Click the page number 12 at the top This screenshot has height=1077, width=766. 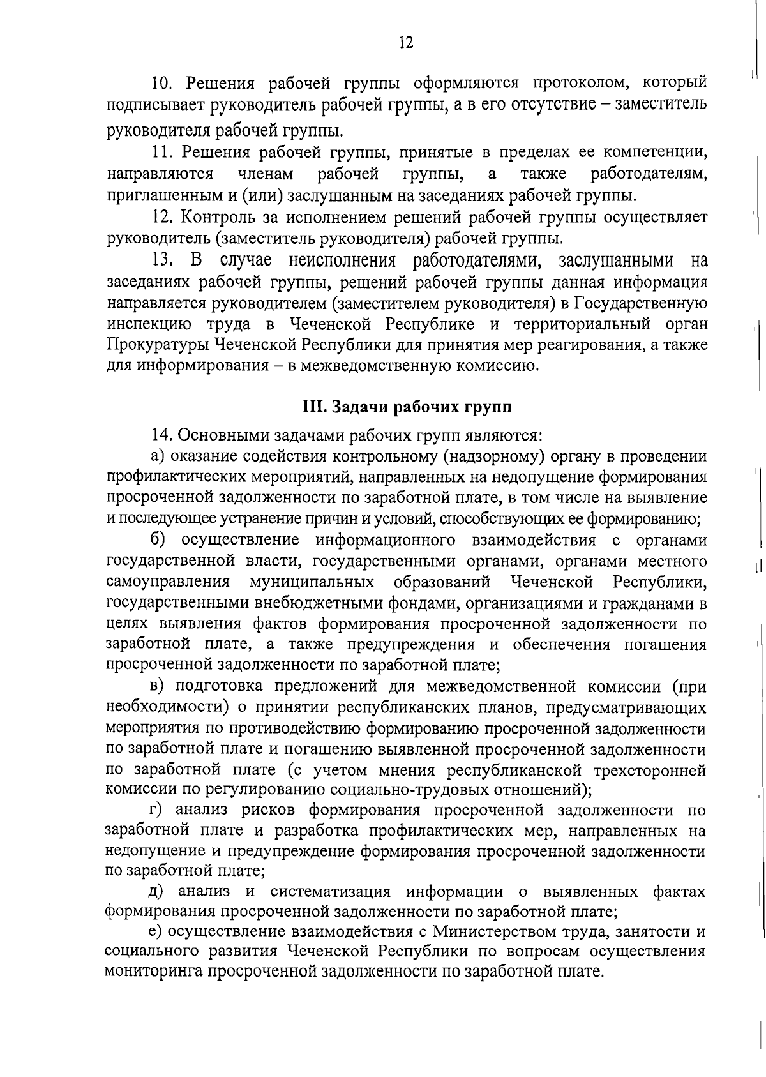pyautogui.click(x=406, y=43)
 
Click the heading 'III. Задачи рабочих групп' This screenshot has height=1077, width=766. pyautogui.click(x=407, y=407)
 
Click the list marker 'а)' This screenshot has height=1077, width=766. pyautogui.click(x=158, y=456)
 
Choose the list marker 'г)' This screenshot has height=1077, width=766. pyautogui.click(x=156, y=811)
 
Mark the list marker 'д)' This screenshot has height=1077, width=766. pyautogui.click(x=157, y=892)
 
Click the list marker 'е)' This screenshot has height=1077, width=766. pyautogui.click(x=156, y=932)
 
